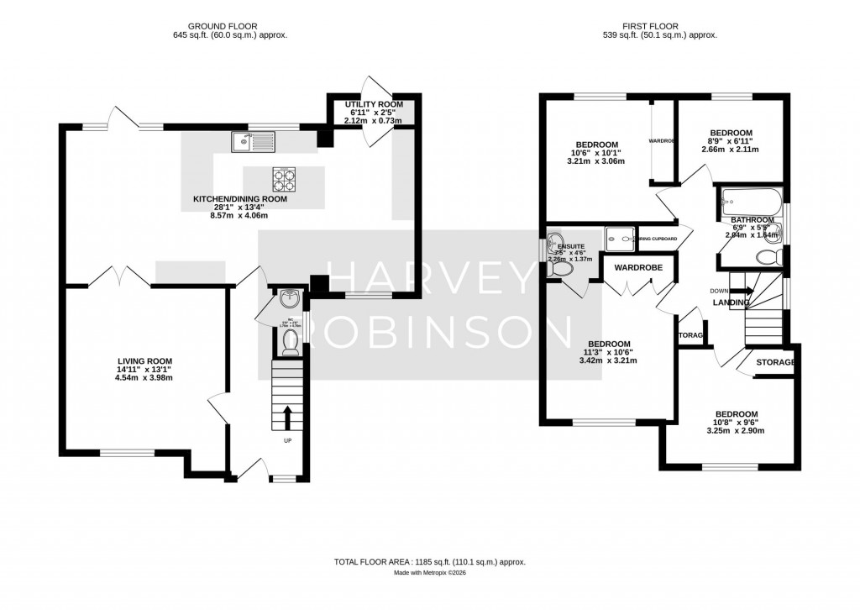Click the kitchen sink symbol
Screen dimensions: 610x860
253,143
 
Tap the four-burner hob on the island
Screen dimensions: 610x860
282,177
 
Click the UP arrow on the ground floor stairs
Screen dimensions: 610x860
287,417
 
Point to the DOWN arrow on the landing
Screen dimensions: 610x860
742,291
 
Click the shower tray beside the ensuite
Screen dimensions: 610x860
620,239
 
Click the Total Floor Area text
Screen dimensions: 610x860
429,561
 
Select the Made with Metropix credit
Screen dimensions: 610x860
429,573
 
